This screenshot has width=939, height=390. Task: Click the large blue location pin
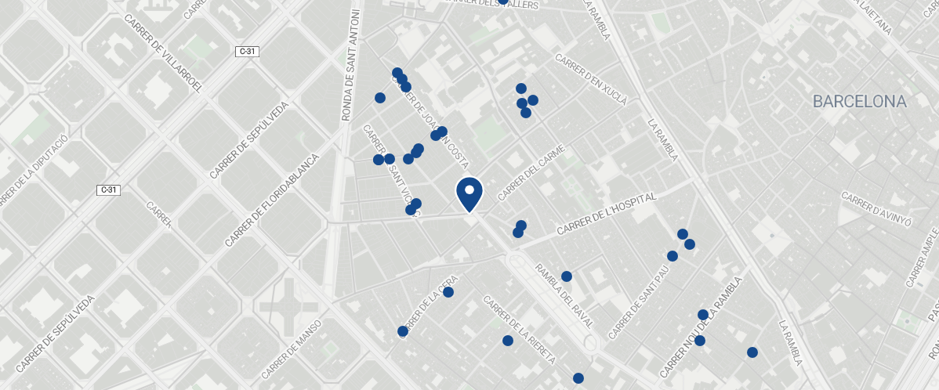pyautogui.click(x=469, y=193)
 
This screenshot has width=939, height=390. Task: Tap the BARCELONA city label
pyautogui.click(x=859, y=102)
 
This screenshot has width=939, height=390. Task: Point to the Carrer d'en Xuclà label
pyautogui.click(x=591, y=80)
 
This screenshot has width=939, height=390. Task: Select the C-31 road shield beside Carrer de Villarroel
pyautogui.click(x=246, y=52)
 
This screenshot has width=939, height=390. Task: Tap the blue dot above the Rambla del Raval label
pyautogui.click(x=567, y=276)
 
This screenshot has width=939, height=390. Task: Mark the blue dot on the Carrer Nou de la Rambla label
pyautogui.click(x=703, y=315)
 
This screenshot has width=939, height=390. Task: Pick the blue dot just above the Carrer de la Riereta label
pyautogui.click(x=508, y=341)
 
